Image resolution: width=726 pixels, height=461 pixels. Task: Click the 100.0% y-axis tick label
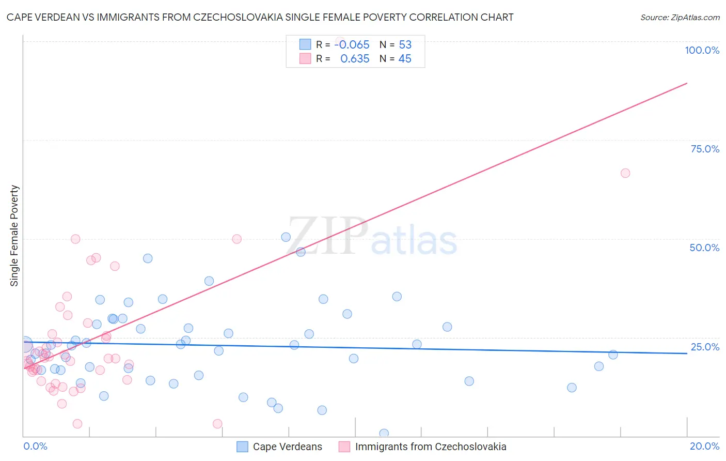[x=702, y=50]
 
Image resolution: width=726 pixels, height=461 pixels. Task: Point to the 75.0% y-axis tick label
[x=705, y=149]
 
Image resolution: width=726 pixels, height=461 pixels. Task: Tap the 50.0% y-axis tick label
[x=704, y=248]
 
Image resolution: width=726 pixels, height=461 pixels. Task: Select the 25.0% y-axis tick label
[x=705, y=347]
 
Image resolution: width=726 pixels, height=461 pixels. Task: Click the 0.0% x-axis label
[x=35, y=446]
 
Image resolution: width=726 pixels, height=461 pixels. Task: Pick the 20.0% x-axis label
[x=704, y=446]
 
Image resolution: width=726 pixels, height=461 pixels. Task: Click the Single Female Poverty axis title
[x=14, y=236]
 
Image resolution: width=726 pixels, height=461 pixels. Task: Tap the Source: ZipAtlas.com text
[x=680, y=18]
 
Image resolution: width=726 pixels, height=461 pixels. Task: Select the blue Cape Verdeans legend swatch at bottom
[x=242, y=447]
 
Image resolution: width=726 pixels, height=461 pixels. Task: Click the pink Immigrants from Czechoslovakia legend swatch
[x=344, y=447]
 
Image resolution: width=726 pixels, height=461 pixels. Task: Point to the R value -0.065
[x=352, y=45]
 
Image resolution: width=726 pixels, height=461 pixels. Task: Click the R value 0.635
[x=355, y=59]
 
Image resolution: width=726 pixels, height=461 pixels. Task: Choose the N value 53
[x=405, y=45]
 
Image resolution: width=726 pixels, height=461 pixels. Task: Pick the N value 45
[x=405, y=59]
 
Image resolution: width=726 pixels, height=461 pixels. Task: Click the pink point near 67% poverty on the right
[x=625, y=173]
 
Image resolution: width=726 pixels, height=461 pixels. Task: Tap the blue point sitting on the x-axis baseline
[x=384, y=433]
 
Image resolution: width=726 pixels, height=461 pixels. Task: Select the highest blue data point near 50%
[x=286, y=237]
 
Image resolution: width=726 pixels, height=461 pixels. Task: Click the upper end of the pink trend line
[x=687, y=83]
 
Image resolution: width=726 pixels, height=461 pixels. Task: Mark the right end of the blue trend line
[x=687, y=354]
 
